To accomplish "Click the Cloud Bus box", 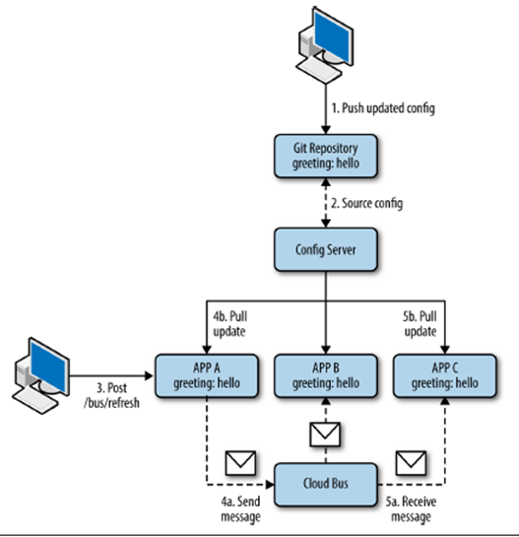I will pos(324,482).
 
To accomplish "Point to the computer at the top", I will pos(324,45).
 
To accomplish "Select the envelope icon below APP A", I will pos(239,460).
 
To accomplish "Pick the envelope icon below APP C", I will pos(411,460).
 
